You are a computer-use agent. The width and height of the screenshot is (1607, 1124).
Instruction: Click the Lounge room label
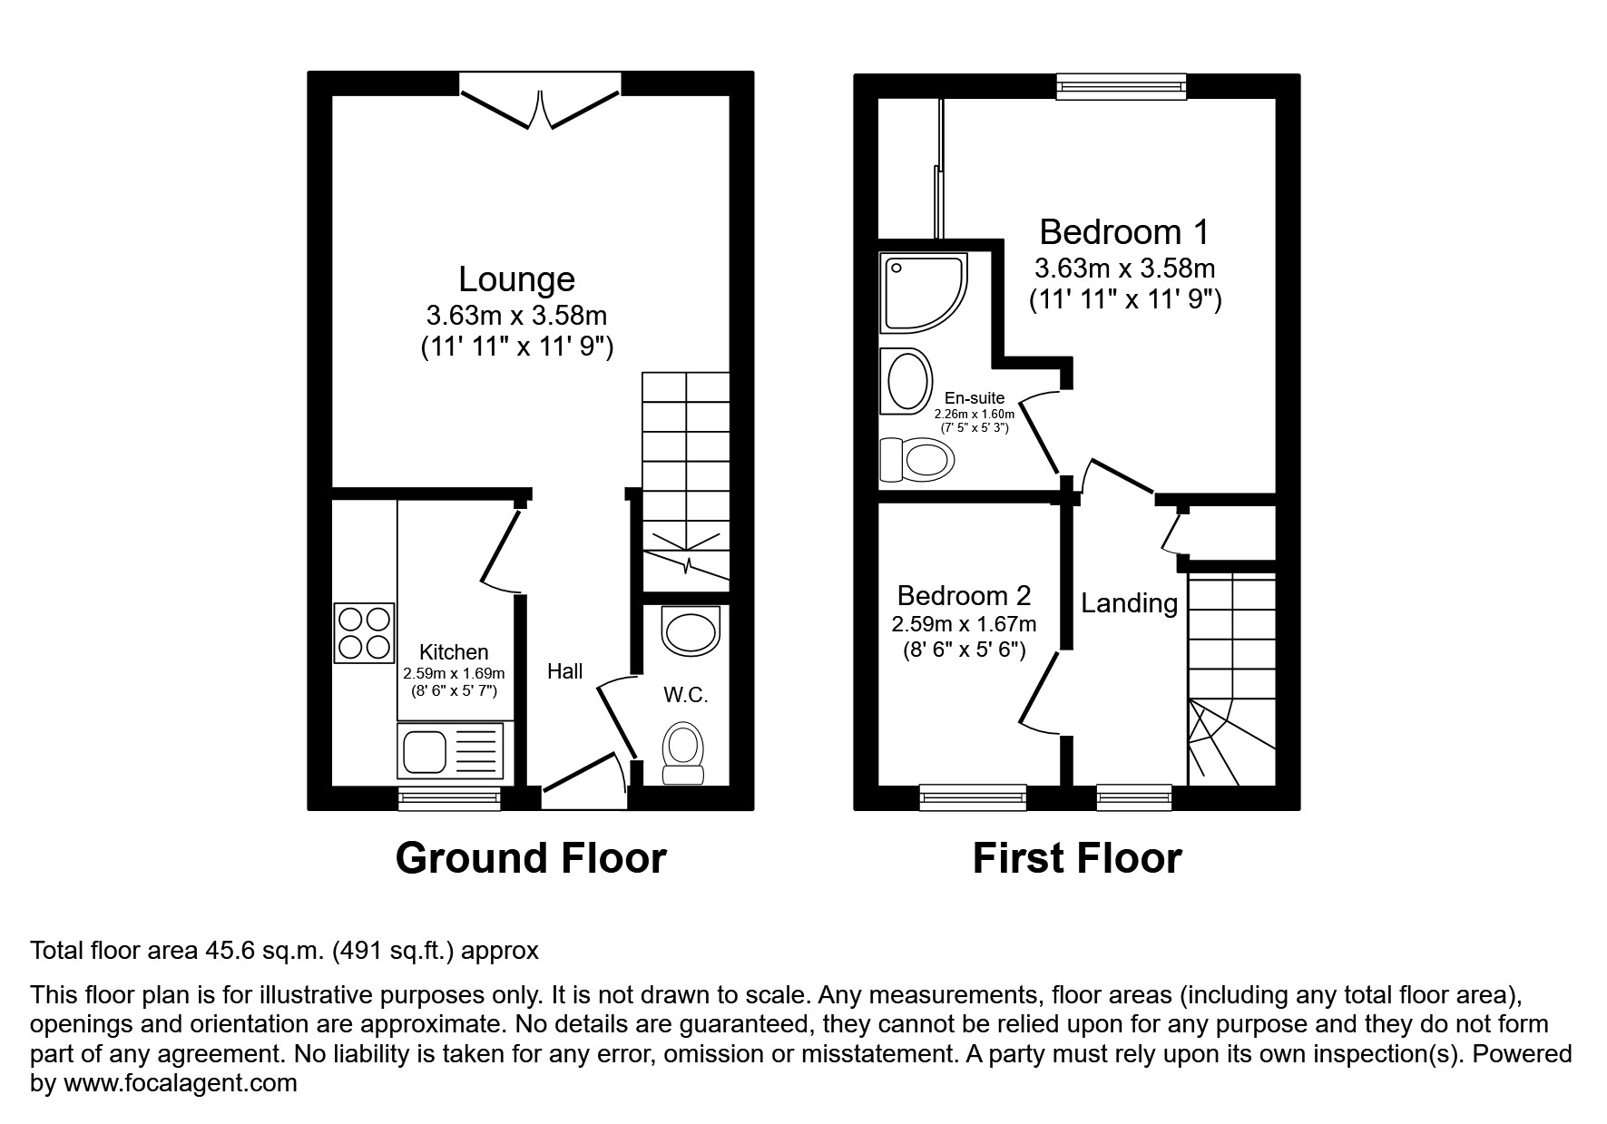(516, 279)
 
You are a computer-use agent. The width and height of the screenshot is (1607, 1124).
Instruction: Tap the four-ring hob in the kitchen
(365, 632)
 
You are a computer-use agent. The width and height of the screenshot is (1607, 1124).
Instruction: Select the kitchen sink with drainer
(449, 750)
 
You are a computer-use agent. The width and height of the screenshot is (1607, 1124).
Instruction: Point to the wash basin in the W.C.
(691, 630)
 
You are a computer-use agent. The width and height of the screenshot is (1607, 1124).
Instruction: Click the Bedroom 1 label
(1123, 232)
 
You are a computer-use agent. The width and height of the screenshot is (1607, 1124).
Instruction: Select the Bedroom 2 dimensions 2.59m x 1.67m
(964, 624)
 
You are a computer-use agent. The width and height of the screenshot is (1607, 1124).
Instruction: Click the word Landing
(1129, 603)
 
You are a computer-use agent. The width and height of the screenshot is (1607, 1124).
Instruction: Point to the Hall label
(564, 671)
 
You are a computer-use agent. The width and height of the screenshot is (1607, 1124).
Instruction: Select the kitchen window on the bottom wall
(449, 798)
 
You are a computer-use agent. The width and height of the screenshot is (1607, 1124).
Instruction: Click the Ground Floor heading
(531, 858)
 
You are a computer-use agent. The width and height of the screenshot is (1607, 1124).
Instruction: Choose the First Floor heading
(1076, 858)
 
